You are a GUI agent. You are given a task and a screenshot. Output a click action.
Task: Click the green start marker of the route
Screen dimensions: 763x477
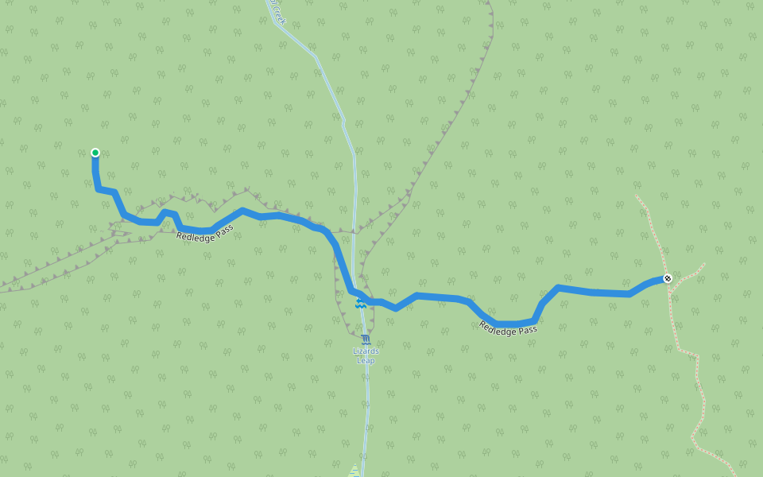[95, 153]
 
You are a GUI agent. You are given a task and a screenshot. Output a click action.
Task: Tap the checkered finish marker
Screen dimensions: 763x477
[668, 278]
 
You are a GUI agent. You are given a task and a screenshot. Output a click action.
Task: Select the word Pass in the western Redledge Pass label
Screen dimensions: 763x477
[223, 230]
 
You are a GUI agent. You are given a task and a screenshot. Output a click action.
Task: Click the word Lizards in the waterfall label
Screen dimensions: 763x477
[366, 351]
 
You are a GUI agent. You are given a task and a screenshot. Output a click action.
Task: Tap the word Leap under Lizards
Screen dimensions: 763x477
[366, 361]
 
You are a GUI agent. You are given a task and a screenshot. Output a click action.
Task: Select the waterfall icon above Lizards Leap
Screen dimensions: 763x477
[366, 339]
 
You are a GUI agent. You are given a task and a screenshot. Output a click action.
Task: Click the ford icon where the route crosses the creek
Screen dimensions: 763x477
[360, 304]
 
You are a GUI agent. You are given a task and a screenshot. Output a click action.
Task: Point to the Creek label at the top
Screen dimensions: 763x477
[277, 11]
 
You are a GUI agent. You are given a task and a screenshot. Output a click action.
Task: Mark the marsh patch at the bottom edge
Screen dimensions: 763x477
[354, 471]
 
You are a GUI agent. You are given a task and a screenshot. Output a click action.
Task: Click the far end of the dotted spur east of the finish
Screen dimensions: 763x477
[704, 264]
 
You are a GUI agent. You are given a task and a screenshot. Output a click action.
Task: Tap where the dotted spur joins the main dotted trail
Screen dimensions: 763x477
[672, 293]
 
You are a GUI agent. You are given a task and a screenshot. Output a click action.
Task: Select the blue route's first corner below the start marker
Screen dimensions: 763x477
[98, 188]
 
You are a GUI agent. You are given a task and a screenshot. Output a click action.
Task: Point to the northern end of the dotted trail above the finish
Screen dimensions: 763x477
[637, 196]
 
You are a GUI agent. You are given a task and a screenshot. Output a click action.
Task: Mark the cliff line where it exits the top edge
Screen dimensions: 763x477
[489, 2]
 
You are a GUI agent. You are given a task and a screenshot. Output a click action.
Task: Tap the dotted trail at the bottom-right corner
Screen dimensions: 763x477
[735, 475]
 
